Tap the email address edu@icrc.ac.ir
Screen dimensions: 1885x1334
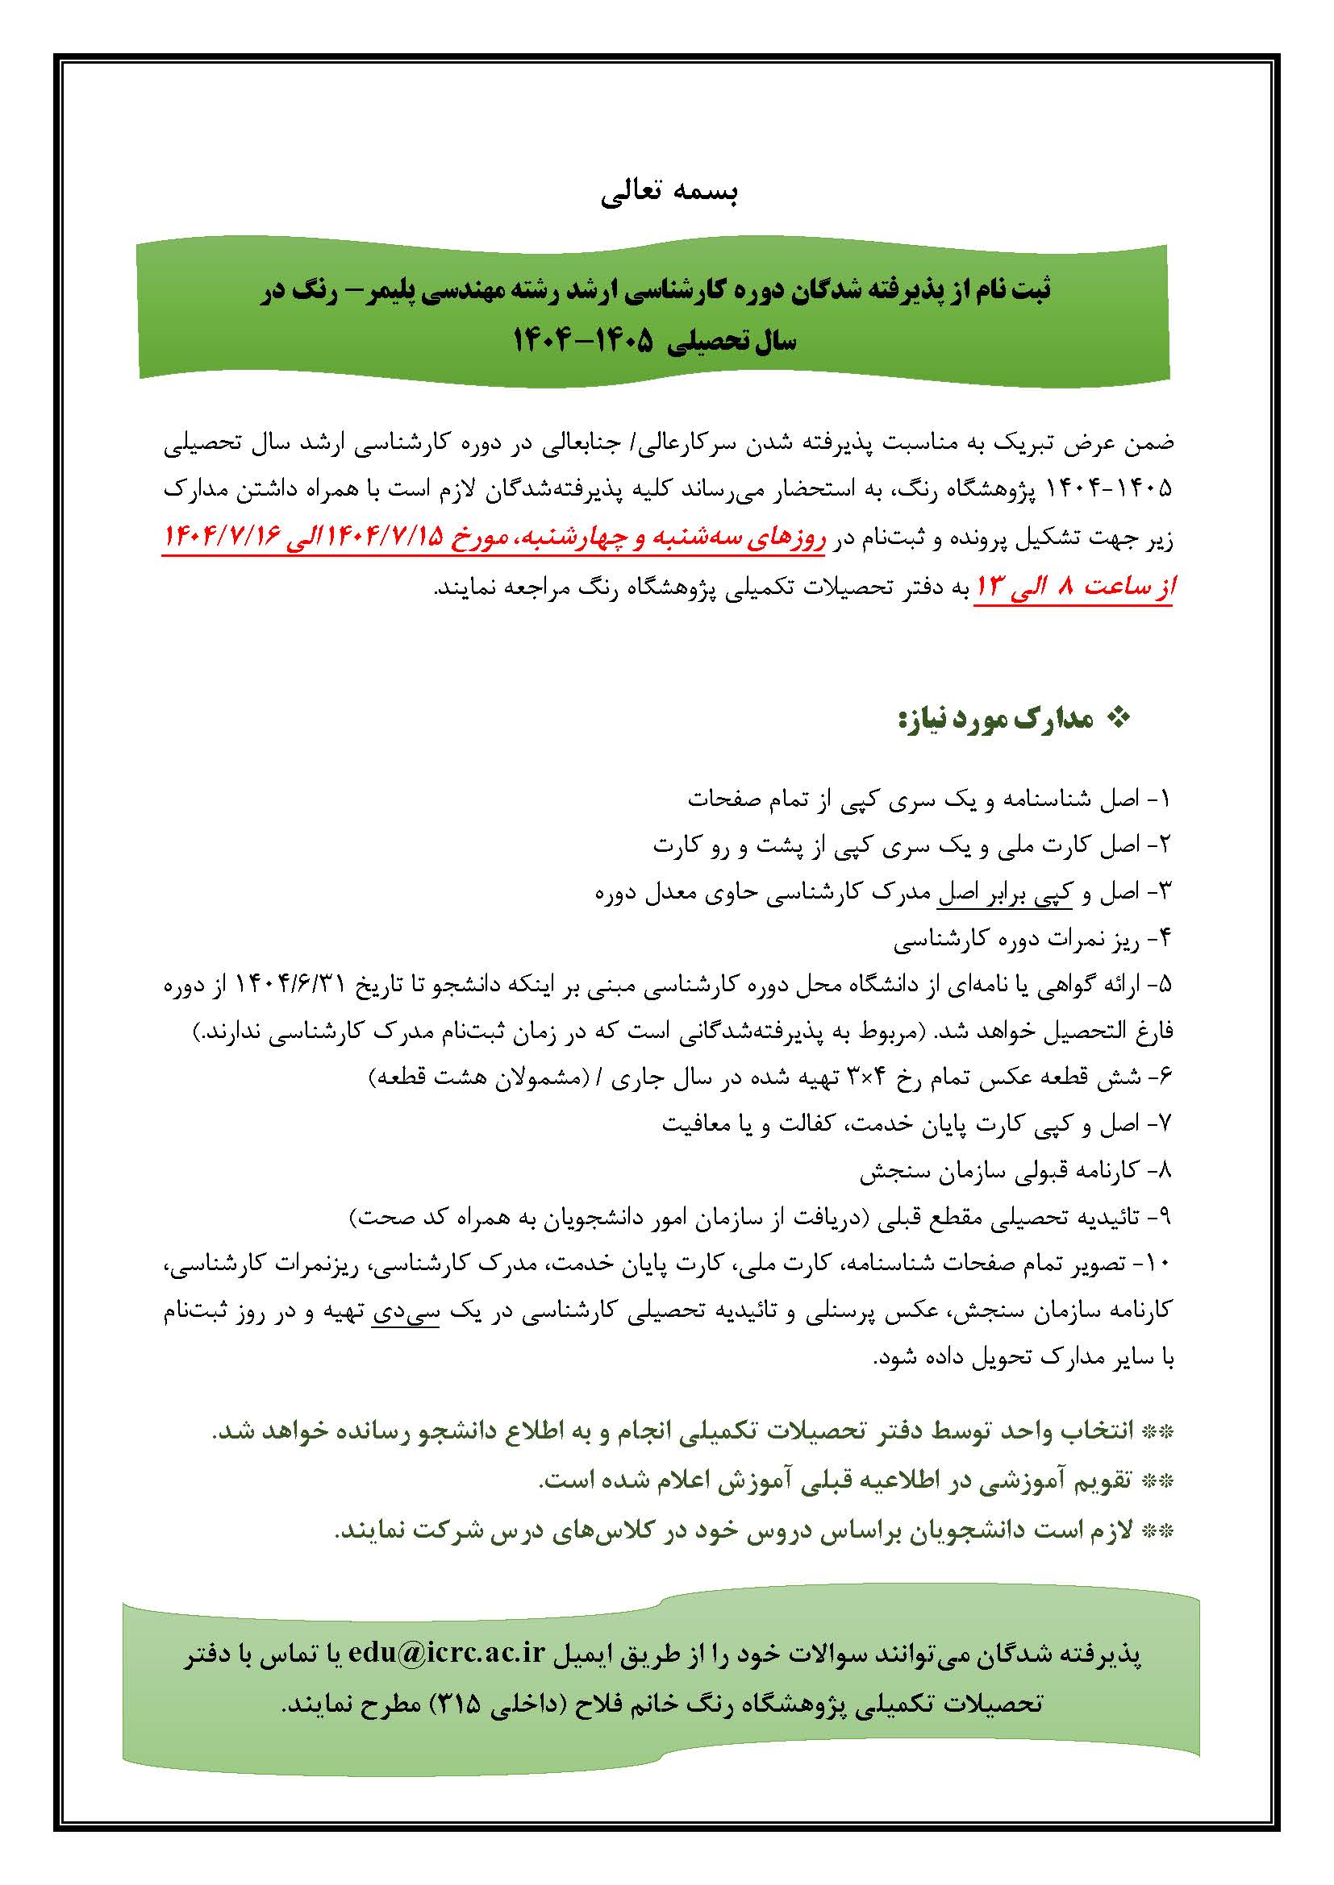click(446, 1653)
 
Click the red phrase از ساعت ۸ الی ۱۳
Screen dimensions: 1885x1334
click(1075, 586)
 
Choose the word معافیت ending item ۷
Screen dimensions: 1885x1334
click(698, 1124)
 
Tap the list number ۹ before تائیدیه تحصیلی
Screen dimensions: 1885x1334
click(1165, 1219)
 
